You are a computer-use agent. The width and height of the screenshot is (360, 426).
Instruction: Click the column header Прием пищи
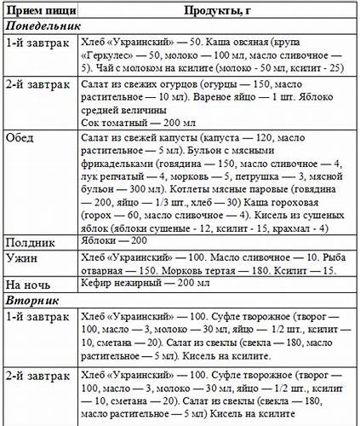(37, 11)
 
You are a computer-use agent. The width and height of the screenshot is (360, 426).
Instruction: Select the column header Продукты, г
(218, 11)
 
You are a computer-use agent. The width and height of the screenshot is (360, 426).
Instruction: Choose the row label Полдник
(31, 241)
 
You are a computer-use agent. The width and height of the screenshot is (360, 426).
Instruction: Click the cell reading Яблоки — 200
(110, 241)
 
